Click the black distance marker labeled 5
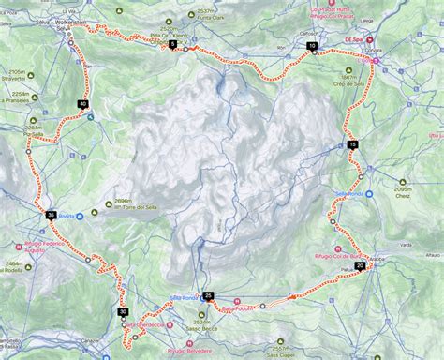click(x=173, y=44)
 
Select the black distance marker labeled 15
click(x=352, y=144)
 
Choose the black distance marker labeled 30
click(x=123, y=311)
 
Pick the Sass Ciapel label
click(x=280, y=354)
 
